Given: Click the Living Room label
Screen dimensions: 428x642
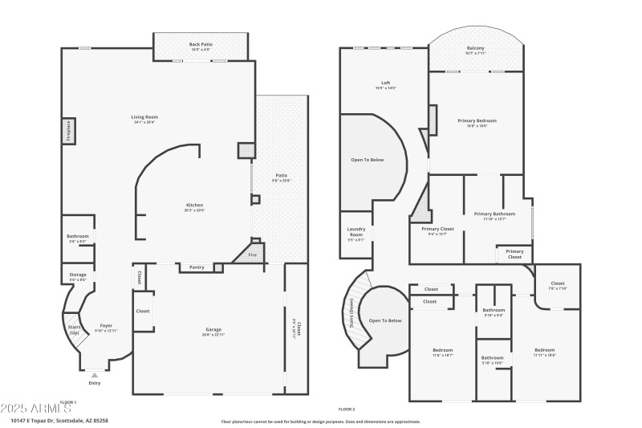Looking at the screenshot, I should tap(144, 117).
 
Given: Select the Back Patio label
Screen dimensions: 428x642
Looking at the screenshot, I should tap(200, 44).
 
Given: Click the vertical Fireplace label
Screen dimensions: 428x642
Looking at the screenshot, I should tap(69, 132).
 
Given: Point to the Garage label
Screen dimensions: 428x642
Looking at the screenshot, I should tap(213, 329).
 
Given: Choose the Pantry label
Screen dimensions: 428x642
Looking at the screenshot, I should tap(196, 267).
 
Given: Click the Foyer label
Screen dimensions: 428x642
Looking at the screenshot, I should tap(106, 325).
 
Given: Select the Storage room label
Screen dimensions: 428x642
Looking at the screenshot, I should tap(78, 275).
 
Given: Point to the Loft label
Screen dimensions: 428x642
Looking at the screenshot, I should tap(385, 83).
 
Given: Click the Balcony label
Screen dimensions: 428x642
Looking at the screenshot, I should tap(475, 48).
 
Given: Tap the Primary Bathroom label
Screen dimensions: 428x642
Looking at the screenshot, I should tap(494, 214).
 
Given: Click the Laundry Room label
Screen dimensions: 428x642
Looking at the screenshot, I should tap(356, 231).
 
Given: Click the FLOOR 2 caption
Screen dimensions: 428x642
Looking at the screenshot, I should tap(346, 409).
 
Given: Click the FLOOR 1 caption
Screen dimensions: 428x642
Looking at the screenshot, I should tap(68, 402).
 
